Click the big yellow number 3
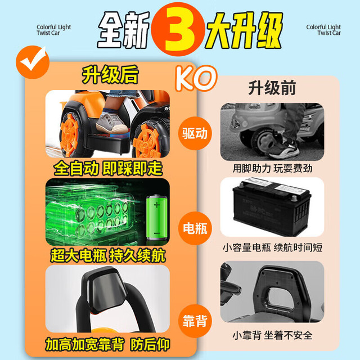point(178,29)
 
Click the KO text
point(196,78)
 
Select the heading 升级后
point(110,74)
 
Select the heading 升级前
point(272,88)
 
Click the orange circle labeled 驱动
point(195,133)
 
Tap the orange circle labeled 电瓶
point(195,228)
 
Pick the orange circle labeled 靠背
point(195,321)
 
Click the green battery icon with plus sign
point(157,217)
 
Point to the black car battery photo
point(271,206)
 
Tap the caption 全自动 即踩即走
point(108,169)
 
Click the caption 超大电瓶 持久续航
point(108,255)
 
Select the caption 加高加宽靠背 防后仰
point(107,344)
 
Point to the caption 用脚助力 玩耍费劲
point(272,169)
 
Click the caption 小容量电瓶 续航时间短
point(272,247)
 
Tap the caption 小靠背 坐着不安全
point(272,335)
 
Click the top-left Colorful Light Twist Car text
point(54,30)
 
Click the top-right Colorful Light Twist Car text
point(323,30)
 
